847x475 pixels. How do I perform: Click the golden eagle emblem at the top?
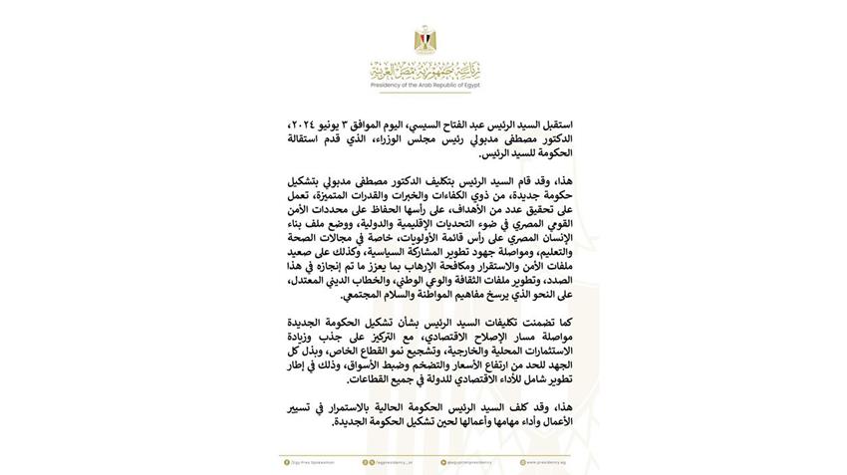click(x=423, y=41)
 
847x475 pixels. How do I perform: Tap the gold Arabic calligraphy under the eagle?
click(x=423, y=72)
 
